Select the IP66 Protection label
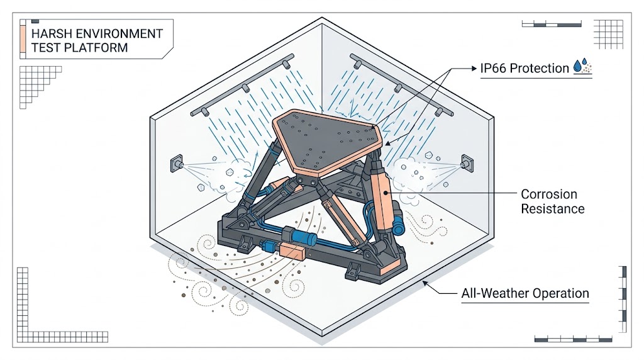(x=525, y=68)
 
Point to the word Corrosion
(x=548, y=194)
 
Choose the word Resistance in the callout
(x=552, y=209)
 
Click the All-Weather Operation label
(x=525, y=293)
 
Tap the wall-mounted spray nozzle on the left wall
(x=177, y=164)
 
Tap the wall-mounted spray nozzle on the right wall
(x=467, y=164)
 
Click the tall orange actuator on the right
(x=382, y=197)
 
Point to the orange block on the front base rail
(x=291, y=250)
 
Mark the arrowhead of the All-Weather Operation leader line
(x=426, y=283)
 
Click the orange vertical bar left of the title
(x=23, y=39)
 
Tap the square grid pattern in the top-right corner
(x=608, y=34)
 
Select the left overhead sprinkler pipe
(x=242, y=86)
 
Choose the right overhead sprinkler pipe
(x=402, y=85)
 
